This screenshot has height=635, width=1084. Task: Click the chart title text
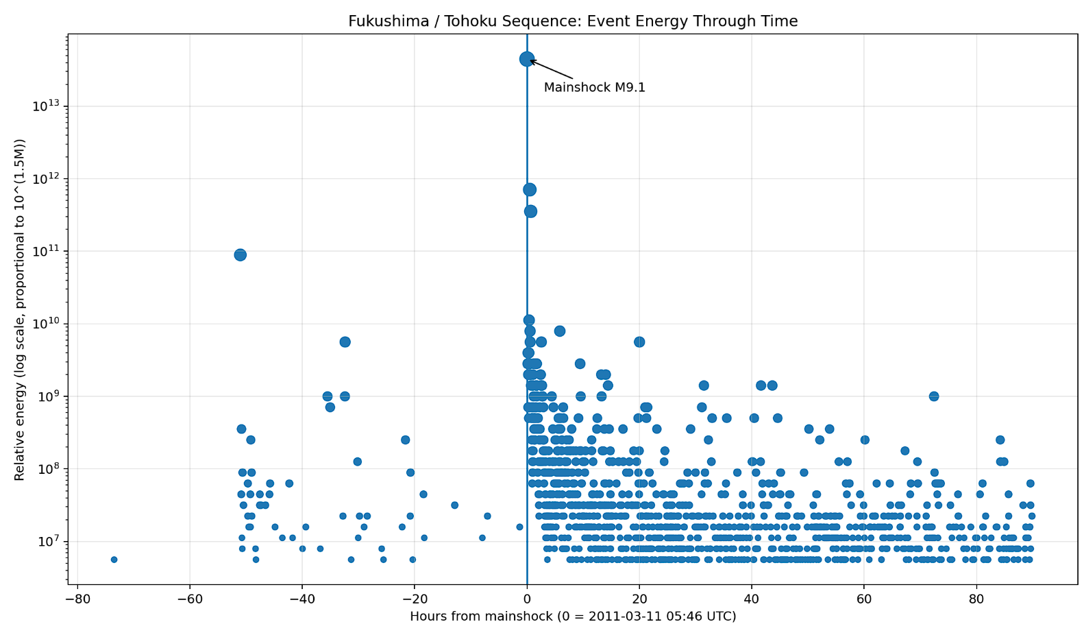click(573, 21)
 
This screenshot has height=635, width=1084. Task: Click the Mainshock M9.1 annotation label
click(594, 88)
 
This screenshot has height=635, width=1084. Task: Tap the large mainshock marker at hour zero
click(527, 59)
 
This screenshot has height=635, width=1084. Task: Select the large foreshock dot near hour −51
click(240, 254)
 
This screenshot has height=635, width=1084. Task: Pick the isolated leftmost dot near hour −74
click(114, 560)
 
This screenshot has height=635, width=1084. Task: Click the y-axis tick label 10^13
click(45, 106)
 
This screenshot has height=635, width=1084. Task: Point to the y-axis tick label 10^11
click(45, 251)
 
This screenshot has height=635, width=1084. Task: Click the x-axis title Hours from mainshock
click(573, 616)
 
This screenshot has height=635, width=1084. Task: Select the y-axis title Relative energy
click(20, 309)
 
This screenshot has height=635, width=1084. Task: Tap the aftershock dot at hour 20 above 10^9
click(639, 342)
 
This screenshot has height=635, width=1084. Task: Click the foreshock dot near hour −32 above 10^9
click(345, 342)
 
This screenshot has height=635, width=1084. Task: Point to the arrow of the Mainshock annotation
click(551, 69)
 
